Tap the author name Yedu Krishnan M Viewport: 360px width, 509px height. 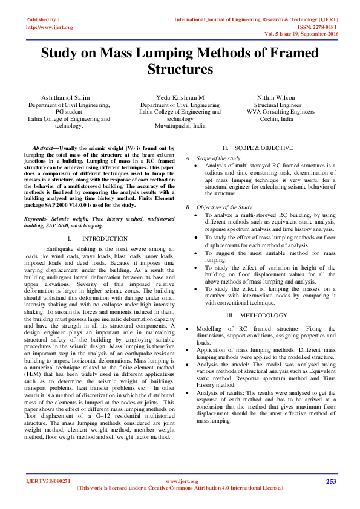point(180,97)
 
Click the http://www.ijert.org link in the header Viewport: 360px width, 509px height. point(50,27)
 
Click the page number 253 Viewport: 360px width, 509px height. point(331,481)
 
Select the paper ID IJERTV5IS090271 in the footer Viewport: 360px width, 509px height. point(48,481)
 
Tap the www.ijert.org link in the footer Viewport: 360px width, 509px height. point(182,481)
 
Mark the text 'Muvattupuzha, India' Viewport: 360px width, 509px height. point(180,126)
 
